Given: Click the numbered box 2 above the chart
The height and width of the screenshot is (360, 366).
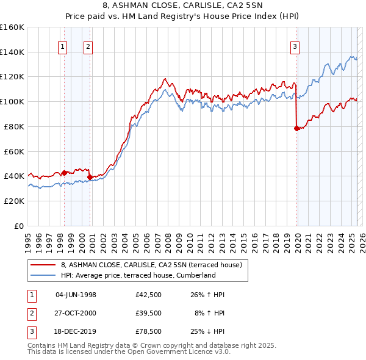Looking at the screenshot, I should [x=88, y=46].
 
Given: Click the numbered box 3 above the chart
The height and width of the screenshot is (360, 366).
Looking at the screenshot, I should [x=295, y=46].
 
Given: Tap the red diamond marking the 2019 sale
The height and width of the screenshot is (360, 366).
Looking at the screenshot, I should [x=296, y=128].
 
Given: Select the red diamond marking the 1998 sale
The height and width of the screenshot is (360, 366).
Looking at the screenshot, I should [x=64, y=173].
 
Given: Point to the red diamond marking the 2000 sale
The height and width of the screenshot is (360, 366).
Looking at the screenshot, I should [x=90, y=177].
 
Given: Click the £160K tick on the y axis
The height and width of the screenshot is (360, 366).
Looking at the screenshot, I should [x=12, y=27].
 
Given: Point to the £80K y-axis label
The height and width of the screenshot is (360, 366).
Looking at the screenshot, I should [x=14, y=126].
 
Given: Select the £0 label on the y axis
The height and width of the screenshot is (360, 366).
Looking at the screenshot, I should [x=20, y=226].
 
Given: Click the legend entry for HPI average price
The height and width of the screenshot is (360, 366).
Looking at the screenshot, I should [x=138, y=275].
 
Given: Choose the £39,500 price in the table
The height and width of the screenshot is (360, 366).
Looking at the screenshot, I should [x=149, y=313].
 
